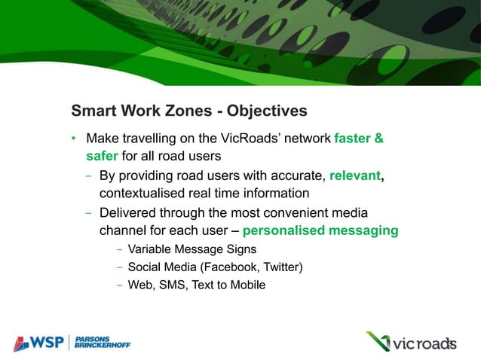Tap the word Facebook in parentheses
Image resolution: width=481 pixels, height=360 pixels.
(226, 267)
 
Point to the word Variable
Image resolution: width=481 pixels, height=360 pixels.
(149, 249)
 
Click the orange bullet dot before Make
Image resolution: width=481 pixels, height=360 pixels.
(74, 139)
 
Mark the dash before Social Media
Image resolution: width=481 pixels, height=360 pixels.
(119, 267)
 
